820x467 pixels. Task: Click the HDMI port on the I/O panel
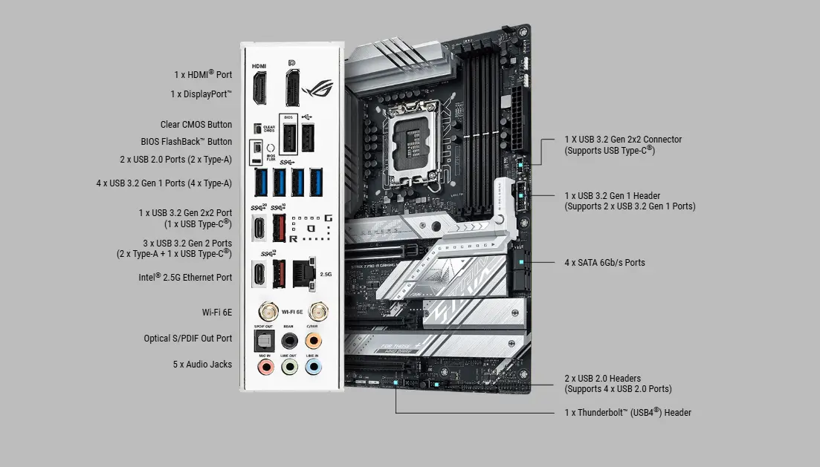259,88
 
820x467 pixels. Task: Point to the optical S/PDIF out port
262,339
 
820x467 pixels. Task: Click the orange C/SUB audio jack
314,340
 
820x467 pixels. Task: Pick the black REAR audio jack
288,340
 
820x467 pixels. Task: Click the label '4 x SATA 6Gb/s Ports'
604,262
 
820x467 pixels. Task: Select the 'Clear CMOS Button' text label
196,125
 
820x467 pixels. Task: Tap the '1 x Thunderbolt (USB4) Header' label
627,412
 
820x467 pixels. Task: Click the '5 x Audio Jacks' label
202,365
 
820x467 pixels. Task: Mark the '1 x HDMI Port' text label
203,75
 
